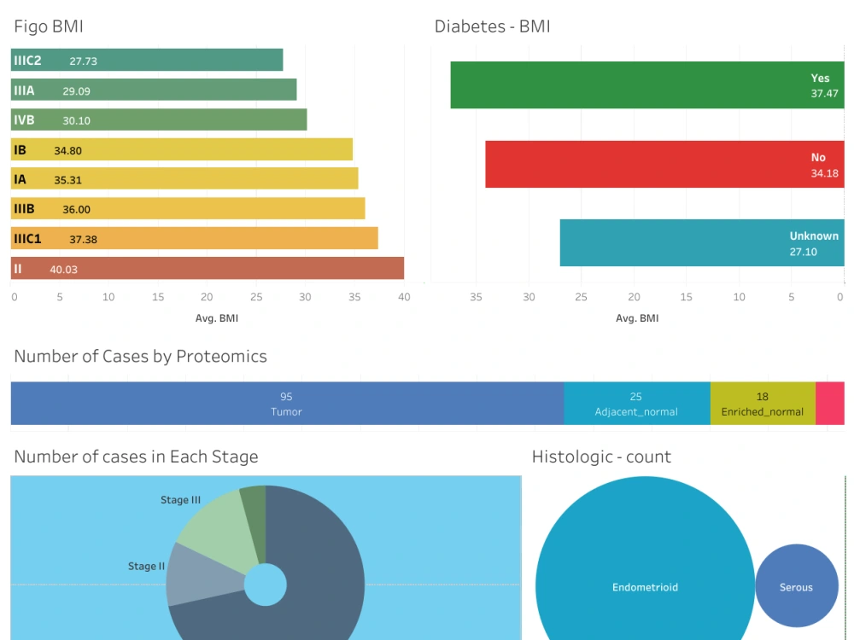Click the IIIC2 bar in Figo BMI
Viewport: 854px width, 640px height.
171,60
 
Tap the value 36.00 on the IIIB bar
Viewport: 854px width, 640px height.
76,210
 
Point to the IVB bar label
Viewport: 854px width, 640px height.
24,120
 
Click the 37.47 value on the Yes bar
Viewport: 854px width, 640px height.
824,94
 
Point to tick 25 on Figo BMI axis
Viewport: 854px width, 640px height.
256,297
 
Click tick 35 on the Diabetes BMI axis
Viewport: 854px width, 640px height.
477,297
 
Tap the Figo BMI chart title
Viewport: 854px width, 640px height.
49,26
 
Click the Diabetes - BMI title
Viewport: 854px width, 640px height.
492,26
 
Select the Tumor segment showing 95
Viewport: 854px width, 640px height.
286,404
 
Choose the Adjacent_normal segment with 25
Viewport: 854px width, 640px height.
636,404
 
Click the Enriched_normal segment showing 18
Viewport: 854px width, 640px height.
762,404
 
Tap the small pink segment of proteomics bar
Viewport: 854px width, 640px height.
830,404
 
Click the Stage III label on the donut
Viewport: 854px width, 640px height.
180,500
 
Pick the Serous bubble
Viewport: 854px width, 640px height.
796,587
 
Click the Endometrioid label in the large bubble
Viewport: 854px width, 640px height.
645,587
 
